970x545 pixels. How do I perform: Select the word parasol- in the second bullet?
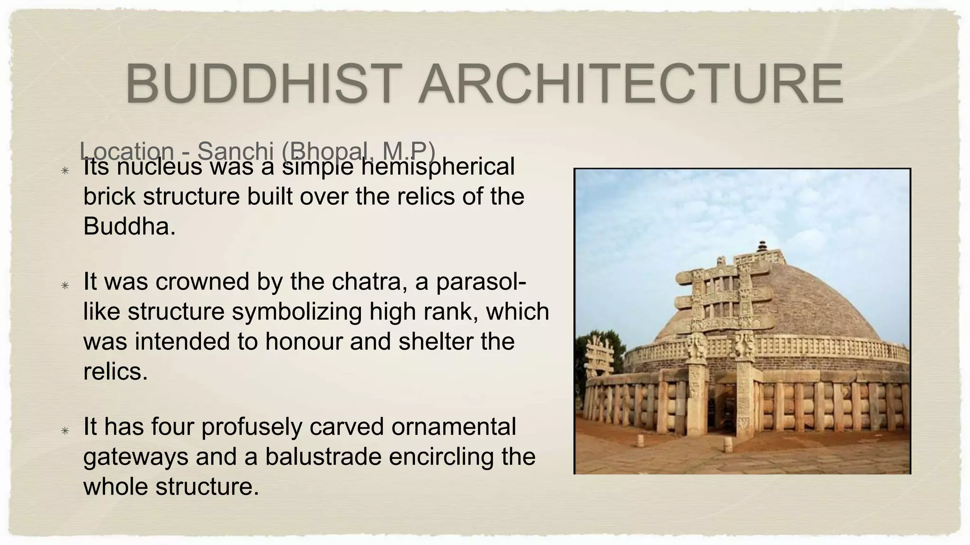point(481,282)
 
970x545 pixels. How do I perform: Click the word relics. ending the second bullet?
point(116,371)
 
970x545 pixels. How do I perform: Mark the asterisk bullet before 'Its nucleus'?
point(65,170)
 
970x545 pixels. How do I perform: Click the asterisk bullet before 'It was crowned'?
point(65,285)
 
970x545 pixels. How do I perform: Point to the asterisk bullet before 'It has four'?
point(65,430)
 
